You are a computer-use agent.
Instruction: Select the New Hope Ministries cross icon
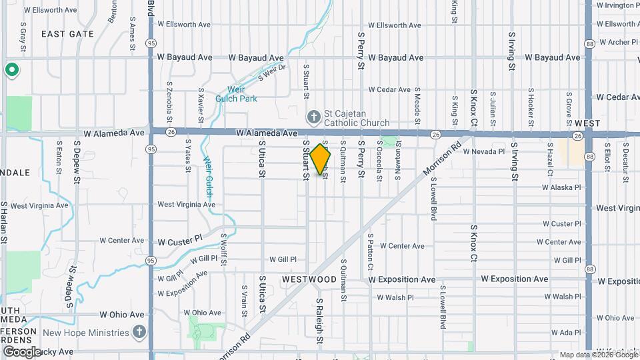(x=139, y=331)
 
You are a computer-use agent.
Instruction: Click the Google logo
(x=21, y=351)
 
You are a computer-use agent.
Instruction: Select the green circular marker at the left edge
(x=11, y=69)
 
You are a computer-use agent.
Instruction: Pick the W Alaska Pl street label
(x=561, y=187)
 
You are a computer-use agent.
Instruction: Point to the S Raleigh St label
(x=320, y=321)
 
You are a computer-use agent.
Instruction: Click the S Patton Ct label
(x=370, y=252)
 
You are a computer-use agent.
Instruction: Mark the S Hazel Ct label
(x=550, y=159)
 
